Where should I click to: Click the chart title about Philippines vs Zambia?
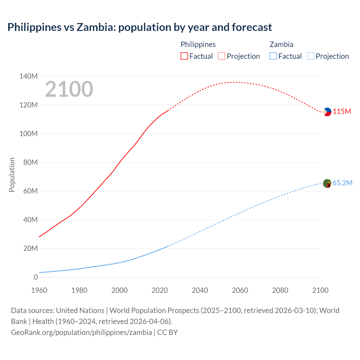(x=139, y=27)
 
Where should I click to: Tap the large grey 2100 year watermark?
(x=69, y=89)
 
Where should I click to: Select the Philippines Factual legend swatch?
(x=184, y=56)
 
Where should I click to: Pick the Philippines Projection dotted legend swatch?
(x=222, y=56)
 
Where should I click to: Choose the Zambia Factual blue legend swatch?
(x=273, y=56)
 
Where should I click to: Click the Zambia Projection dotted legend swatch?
(x=311, y=56)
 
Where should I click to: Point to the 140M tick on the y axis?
(x=28, y=76)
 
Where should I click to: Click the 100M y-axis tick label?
(x=28, y=134)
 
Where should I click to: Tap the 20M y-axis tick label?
(x=30, y=248)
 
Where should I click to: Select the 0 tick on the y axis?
(x=36, y=277)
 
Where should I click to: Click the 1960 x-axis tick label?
(x=39, y=290)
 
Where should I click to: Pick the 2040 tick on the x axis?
(x=200, y=290)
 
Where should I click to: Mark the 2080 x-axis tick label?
(x=280, y=290)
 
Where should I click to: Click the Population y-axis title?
(x=12, y=175)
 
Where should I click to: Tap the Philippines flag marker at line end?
(x=327, y=112)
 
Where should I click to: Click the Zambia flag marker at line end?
(x=327, y=184)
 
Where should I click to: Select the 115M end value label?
(x=342, y=112)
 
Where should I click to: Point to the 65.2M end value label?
(x=342, y=183)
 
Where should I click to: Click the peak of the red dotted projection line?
(x=235, y=82)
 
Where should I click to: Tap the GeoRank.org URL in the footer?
(x=81, y=332)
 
